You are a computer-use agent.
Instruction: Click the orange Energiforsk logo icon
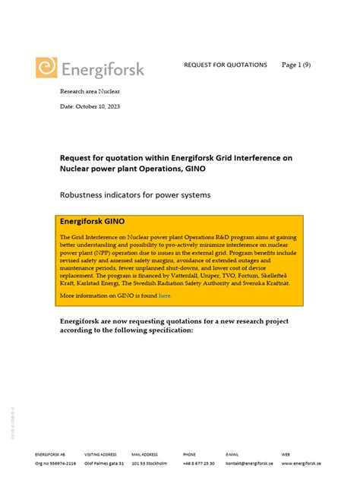tap(46, 68)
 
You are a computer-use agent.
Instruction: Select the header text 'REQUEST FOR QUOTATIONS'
tap(226, 65)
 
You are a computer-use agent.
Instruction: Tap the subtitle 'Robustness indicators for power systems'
tap(135, 195)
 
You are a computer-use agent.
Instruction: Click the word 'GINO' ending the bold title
tap(192, 169)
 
